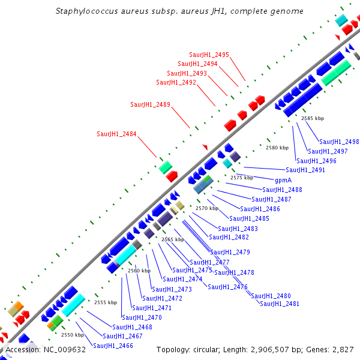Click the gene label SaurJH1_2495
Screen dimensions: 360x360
tap(209, 55)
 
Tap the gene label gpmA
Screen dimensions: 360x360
tap(283, 180)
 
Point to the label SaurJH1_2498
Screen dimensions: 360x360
tap(339, 142)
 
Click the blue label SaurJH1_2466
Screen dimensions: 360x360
tap(113, 346)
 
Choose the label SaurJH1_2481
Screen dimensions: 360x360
tap(280, 304)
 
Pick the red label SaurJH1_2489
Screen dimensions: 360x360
tap(150, 104)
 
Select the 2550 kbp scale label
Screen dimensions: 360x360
tap(73, 335)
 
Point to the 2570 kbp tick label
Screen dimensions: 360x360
tap(207, 208)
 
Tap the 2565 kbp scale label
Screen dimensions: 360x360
tap(173, 239)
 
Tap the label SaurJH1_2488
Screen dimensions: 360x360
tap(282, 190)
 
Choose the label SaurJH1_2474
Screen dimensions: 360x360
tap(182, 279)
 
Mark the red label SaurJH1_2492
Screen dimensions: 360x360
tap(176, 82)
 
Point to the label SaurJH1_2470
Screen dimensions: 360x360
tap(142, 317)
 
